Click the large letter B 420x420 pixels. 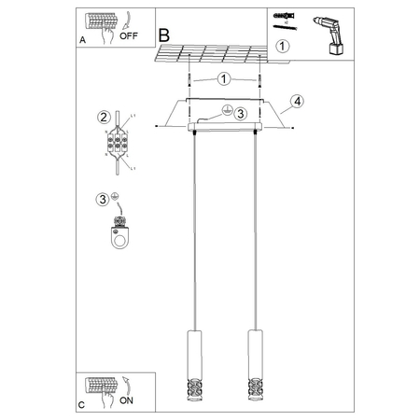coord(165,34)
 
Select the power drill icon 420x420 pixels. coord(331,31)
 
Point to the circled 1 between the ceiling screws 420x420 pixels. coord(224,80)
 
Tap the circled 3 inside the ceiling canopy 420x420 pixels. coord(239,114)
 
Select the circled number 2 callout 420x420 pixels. coord(104,117)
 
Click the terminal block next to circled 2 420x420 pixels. coord(119,145)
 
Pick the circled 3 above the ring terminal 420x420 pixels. coord(102,198)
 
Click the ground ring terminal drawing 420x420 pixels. coord(119,234)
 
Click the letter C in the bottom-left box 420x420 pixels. coord(82,405)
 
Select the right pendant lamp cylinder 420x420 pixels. coord(251,353)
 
